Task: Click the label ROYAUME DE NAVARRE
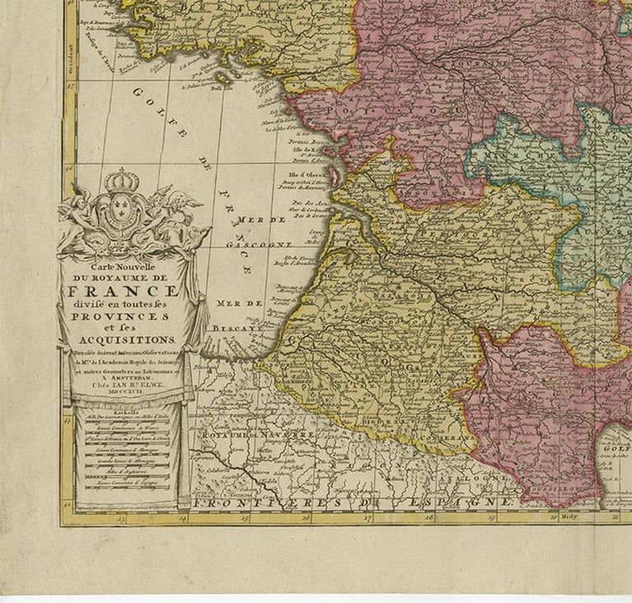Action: [247, 433]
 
